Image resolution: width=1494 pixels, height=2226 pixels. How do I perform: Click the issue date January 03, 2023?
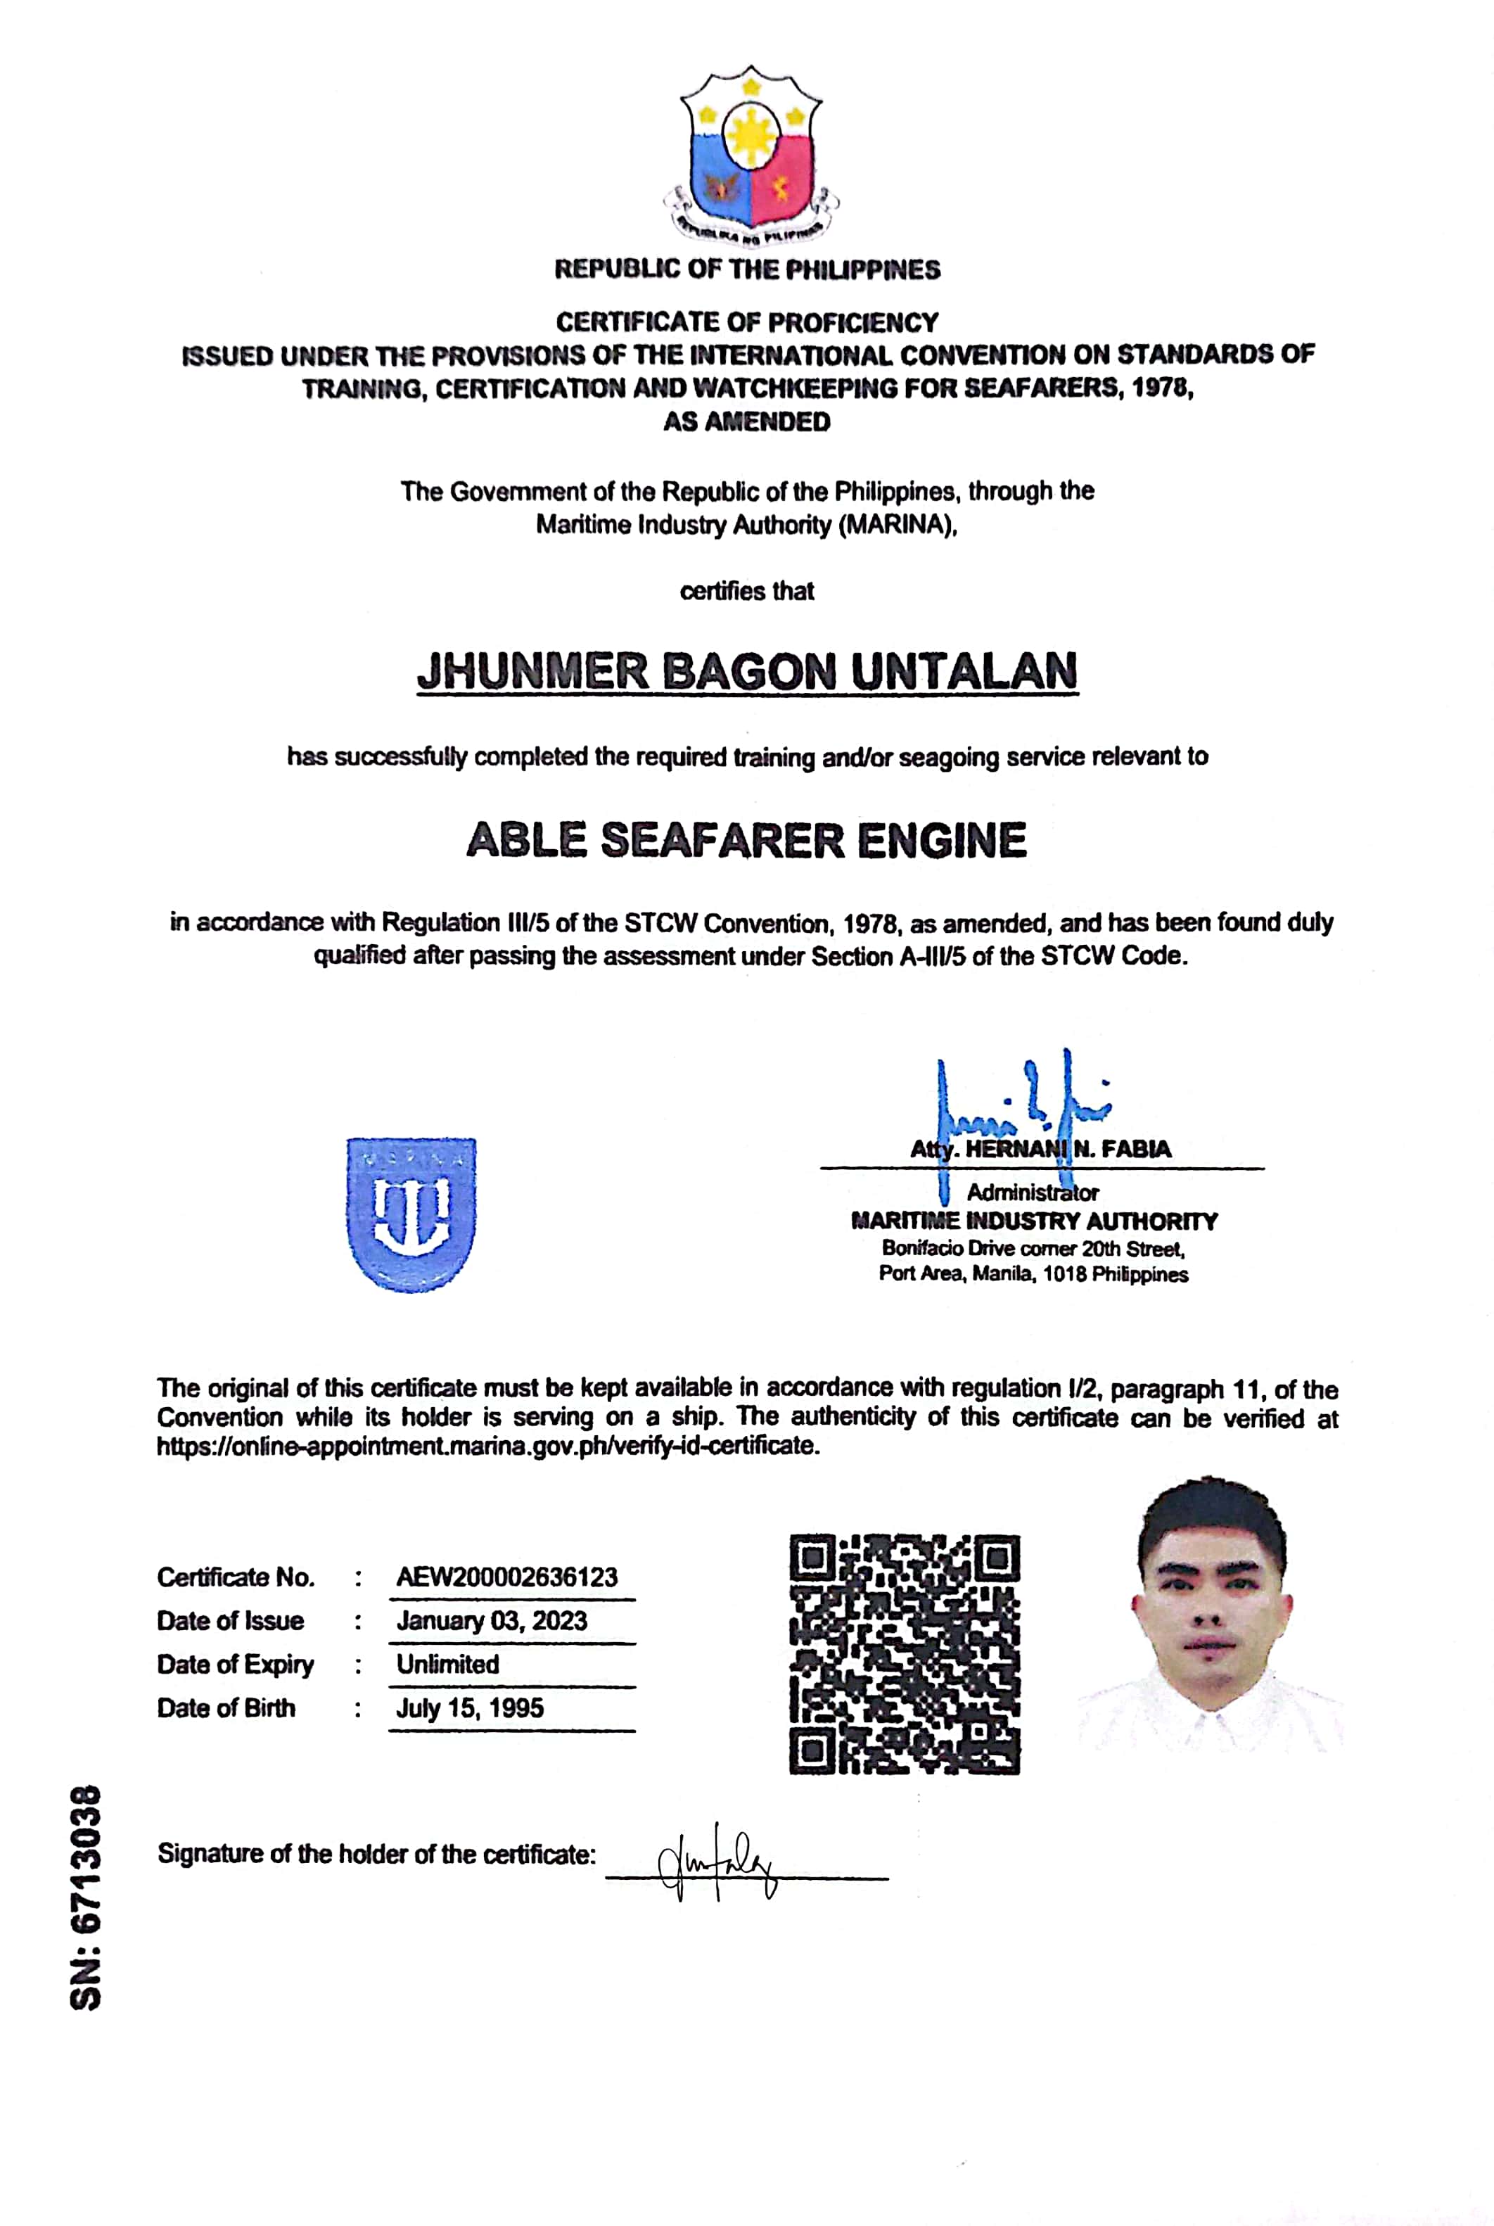coord(492,1620)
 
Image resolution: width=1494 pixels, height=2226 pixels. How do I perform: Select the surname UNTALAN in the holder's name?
coord(964,672)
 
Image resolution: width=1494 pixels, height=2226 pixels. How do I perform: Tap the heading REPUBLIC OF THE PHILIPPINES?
coord(747,269)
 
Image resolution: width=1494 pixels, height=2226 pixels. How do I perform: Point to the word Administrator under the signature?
coord(1033,1192)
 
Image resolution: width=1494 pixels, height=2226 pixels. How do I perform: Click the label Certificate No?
coord(236,1577)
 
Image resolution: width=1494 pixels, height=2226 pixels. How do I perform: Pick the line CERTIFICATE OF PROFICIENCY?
coord(747,322)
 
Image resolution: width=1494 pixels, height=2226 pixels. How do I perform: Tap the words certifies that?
coord(747,591)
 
